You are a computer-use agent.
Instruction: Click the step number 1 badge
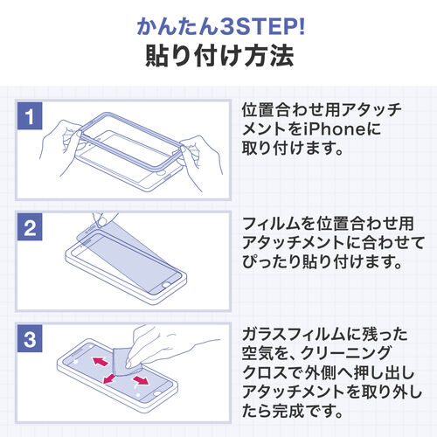(x=29, y=116)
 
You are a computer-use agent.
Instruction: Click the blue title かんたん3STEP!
(x=218, y=24)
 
